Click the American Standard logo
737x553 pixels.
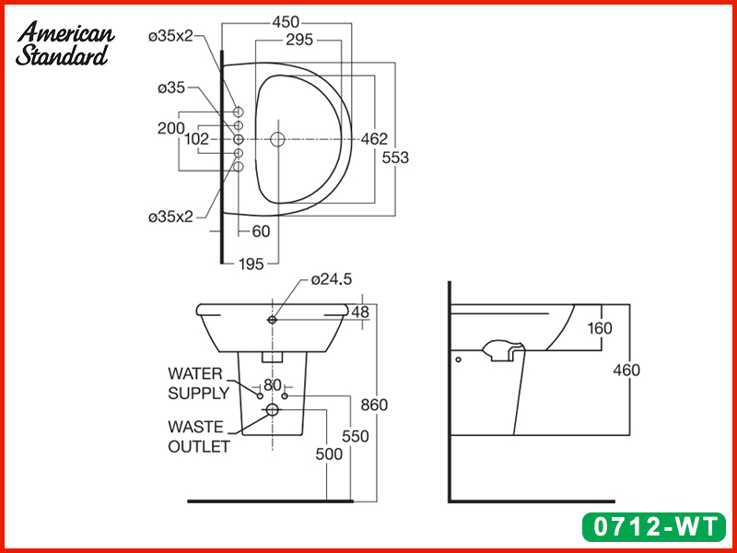tap(65, 43)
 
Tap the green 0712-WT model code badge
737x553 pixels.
tap(656, 526)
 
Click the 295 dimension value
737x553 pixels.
tap(298, 40)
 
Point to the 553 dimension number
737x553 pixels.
tap(395, 158)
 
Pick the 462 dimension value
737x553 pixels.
tap(373, 139)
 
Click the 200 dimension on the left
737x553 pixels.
tap(170, 128)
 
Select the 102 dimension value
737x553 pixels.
tap(196, 139)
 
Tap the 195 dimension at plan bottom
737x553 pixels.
tap(251, 264)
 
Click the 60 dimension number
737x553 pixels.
tap(261, 232)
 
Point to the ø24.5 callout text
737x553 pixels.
tap(332, 278)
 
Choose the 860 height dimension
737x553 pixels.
tap(375, 406)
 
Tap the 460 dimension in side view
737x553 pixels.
tap(626, 371)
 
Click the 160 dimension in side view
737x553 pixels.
tap(600, 327)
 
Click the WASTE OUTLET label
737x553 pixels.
tap(198, 436)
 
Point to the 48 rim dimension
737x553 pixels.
tap(359, 312)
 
